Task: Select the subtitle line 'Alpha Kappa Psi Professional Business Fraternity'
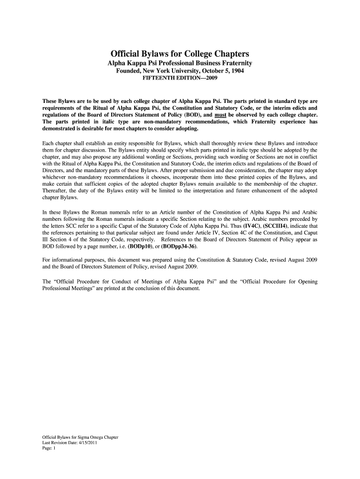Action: (180, 63)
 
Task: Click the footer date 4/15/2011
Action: (85, 442)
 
